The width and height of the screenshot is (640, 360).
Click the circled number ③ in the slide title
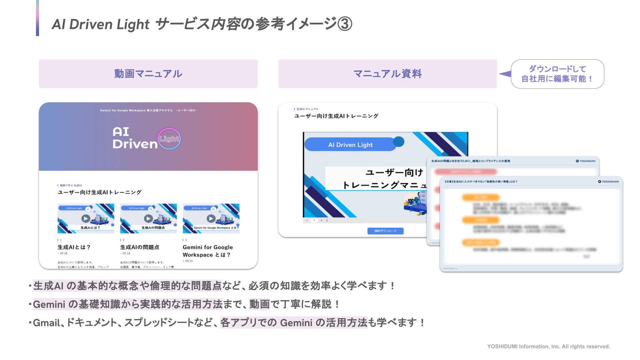(345, 24)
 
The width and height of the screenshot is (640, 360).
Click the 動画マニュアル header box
(148, 74)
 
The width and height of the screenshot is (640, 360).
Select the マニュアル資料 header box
(387, 74)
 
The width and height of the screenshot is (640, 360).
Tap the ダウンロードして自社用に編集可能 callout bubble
(557, 74)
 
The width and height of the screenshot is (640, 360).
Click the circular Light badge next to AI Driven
(169, 139)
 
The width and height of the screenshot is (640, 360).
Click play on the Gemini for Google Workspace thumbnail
(211, 218)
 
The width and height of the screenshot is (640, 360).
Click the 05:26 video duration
(63, 254)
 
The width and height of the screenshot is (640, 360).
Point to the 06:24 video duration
(188, 261)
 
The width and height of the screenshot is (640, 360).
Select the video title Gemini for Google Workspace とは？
(207, 251)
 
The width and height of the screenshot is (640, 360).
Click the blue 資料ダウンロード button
(385, 231)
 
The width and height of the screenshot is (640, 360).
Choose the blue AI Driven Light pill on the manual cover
(350, 145)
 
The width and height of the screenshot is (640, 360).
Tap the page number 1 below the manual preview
(314, 220)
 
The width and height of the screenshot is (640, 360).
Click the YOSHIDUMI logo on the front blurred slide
(608, 182)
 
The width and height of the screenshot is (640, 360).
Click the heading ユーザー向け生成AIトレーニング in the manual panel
(336, 116)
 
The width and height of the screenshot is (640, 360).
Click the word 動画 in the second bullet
(259, 304)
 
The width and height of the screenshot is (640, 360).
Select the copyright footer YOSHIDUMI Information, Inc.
(548, 347)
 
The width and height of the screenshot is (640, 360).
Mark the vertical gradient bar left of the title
(37, 18)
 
